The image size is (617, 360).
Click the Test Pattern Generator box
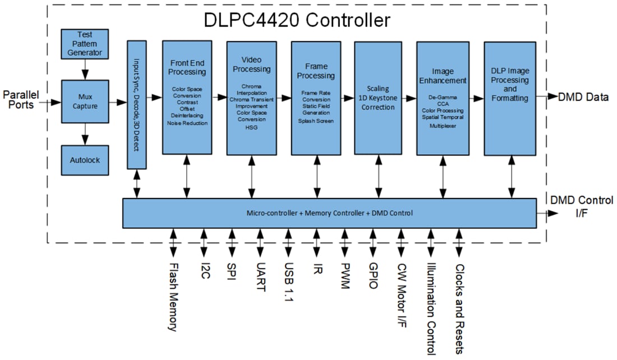coord(85,43)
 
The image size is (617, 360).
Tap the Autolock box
coord(85,160)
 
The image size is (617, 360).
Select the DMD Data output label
coord(583,97)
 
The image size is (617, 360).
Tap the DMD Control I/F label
coord(581,206)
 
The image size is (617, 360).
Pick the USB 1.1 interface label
coord(288,284)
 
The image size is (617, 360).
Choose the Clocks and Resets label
coord(459,308)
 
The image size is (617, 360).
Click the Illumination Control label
coord(431,309)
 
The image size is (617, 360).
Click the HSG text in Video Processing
coord(251,127)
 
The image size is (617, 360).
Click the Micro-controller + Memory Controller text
coord(303,213)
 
